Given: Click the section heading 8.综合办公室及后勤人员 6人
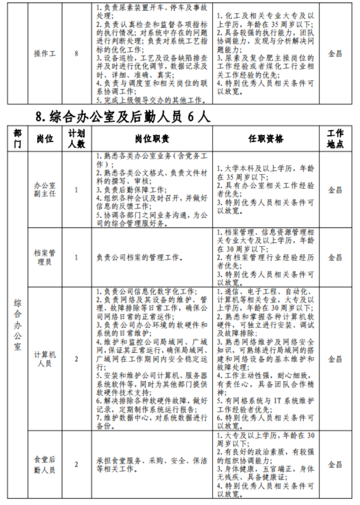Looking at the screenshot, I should (x=124, y=116).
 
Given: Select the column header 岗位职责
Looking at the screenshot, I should (x=152, y=139).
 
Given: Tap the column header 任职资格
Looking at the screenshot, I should (x=266, y=139).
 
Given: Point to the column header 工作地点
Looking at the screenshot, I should (x=335, y=139).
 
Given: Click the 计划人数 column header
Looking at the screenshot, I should (x=76, y=139).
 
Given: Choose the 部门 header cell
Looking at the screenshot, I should (x=17, y=139).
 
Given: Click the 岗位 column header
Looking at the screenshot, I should (x=45, y=139).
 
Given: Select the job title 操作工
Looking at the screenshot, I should (x=45, y=54).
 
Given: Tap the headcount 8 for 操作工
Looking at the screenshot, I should (x=76, y=54).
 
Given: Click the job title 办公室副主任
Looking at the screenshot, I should (x=45, y=190).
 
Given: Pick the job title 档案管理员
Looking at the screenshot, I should (x=45, y=257).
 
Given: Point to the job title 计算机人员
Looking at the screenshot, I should (x=45, y=359).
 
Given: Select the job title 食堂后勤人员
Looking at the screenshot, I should (x=45, y=465).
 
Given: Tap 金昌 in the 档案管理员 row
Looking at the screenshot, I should (x=335, y=257).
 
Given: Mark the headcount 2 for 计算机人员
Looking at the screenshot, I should (x=76, y=359).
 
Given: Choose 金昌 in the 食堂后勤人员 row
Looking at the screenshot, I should (x=335, y=465).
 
